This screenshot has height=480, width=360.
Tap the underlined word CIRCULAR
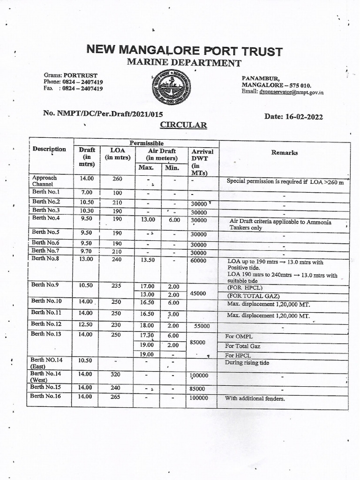[183, 125]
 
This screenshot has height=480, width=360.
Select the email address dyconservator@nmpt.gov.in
[291, 92]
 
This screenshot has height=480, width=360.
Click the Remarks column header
[284, 152]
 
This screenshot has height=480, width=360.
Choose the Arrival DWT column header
[202, 162]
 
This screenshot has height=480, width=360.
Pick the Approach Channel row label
[45, 181]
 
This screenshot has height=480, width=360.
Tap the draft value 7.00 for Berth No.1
[86, 192]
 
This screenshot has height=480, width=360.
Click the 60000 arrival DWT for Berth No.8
[199, 261]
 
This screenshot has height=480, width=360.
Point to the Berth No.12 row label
[46, 324]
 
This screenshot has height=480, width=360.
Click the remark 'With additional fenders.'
[255, 399]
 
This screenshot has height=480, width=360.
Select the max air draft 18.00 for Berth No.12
[147, 325]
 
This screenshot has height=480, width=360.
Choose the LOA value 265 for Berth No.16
[116, 397]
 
